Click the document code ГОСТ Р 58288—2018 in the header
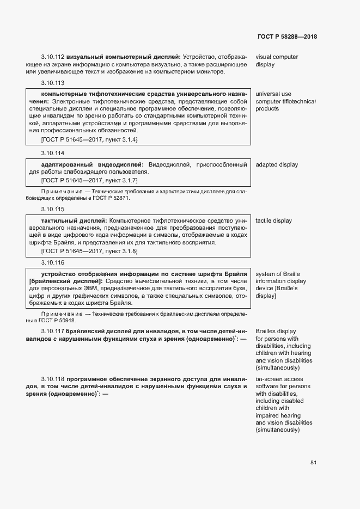click(x=286, y=37)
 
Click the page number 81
click(x=313, y=463)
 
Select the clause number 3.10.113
click(x=52, y=83)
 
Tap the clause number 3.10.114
click(x=52, y=154)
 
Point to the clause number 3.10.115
click(x=52, y=210)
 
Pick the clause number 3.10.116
click(x=52, y=262)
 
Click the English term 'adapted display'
click(x=277, y=164)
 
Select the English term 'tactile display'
click(x=273, y=220)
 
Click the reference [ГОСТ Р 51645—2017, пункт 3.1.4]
click(x=89, y=140)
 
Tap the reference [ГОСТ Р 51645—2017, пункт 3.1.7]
click(x=89, y=180)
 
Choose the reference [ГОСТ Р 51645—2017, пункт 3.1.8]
click(x=89, y=251)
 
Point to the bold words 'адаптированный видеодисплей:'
click(x=93, y=164)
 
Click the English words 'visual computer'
click(x=277, y=57)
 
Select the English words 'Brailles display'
click(x=276, y=331)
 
